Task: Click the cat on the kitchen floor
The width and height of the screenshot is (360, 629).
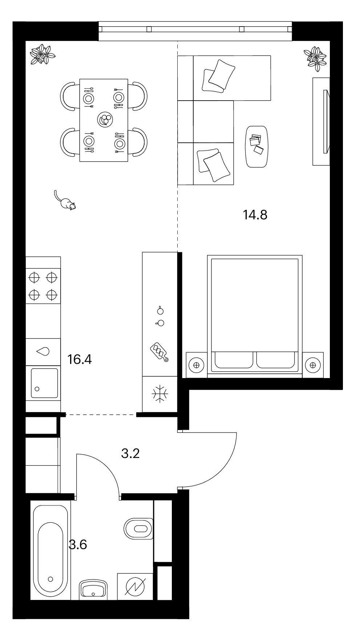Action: (65, 202)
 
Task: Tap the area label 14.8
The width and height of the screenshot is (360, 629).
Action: (255, 215)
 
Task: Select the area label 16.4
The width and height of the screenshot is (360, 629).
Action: (80, 360)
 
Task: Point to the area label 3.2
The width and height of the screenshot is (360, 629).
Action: (130, 453)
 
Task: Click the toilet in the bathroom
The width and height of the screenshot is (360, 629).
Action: (138, 528)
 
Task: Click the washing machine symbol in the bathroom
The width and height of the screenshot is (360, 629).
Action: (135, 587)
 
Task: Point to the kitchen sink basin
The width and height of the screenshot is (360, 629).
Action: (44, 383)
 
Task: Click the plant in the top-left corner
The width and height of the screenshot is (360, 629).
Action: (43, 54)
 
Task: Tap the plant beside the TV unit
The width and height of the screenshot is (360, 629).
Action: (315, 57)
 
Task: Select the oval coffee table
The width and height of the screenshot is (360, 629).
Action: (257, 146)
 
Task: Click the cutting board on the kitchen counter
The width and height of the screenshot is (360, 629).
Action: (159, 352)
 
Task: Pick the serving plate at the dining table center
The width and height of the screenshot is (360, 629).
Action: (105, 119)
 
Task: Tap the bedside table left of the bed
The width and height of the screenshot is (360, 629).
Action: (197, 364)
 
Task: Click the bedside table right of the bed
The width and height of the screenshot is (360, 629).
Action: (313, 364)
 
